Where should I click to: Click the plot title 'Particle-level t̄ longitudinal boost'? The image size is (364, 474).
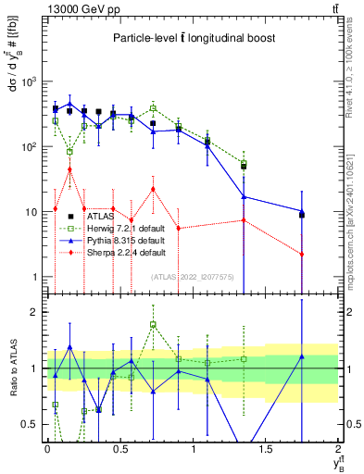(190, 39)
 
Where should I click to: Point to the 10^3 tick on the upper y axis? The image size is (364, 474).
(30, 81)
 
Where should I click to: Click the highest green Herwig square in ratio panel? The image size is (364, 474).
(153, 325)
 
